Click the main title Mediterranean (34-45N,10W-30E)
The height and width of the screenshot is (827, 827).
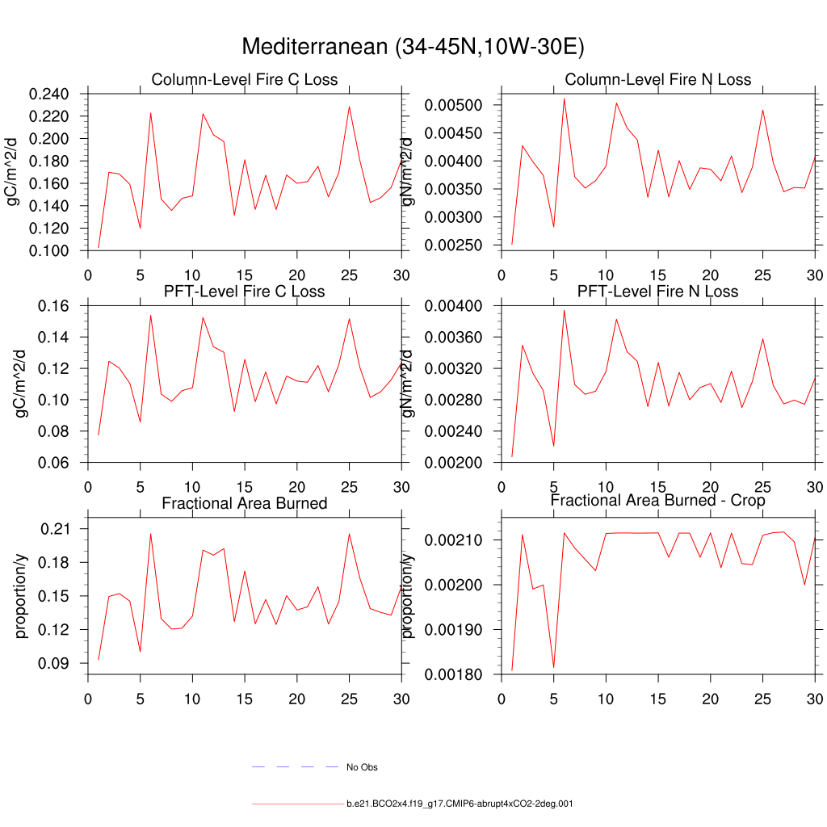pos(413,47)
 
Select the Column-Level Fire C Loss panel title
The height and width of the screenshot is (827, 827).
pos(245,79)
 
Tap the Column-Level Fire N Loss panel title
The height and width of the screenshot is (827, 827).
pos(658,79)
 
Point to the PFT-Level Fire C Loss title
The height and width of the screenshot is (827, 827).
pos(245,291)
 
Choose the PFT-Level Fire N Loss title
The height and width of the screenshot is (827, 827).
pos(658,291)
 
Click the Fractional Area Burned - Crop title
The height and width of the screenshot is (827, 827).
pos(658,501)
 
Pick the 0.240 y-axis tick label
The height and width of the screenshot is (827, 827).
pos(49,94)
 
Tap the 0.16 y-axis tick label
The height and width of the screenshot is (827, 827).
pos(57,306)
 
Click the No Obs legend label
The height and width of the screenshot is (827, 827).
pos(362,767)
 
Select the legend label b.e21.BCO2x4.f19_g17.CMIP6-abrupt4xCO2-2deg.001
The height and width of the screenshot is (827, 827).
pos(460,804)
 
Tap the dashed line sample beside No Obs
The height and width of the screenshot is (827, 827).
pos(294,766)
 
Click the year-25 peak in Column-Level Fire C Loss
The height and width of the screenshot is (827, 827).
pos(349,107)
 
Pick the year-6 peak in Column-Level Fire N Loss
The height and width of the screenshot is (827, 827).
pos(564,99)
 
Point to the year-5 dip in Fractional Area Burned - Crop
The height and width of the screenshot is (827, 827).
pos(553,667)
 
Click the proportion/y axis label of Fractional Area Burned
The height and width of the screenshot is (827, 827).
pos(22,595)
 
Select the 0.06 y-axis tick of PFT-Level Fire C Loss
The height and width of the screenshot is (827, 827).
pos(57,463)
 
